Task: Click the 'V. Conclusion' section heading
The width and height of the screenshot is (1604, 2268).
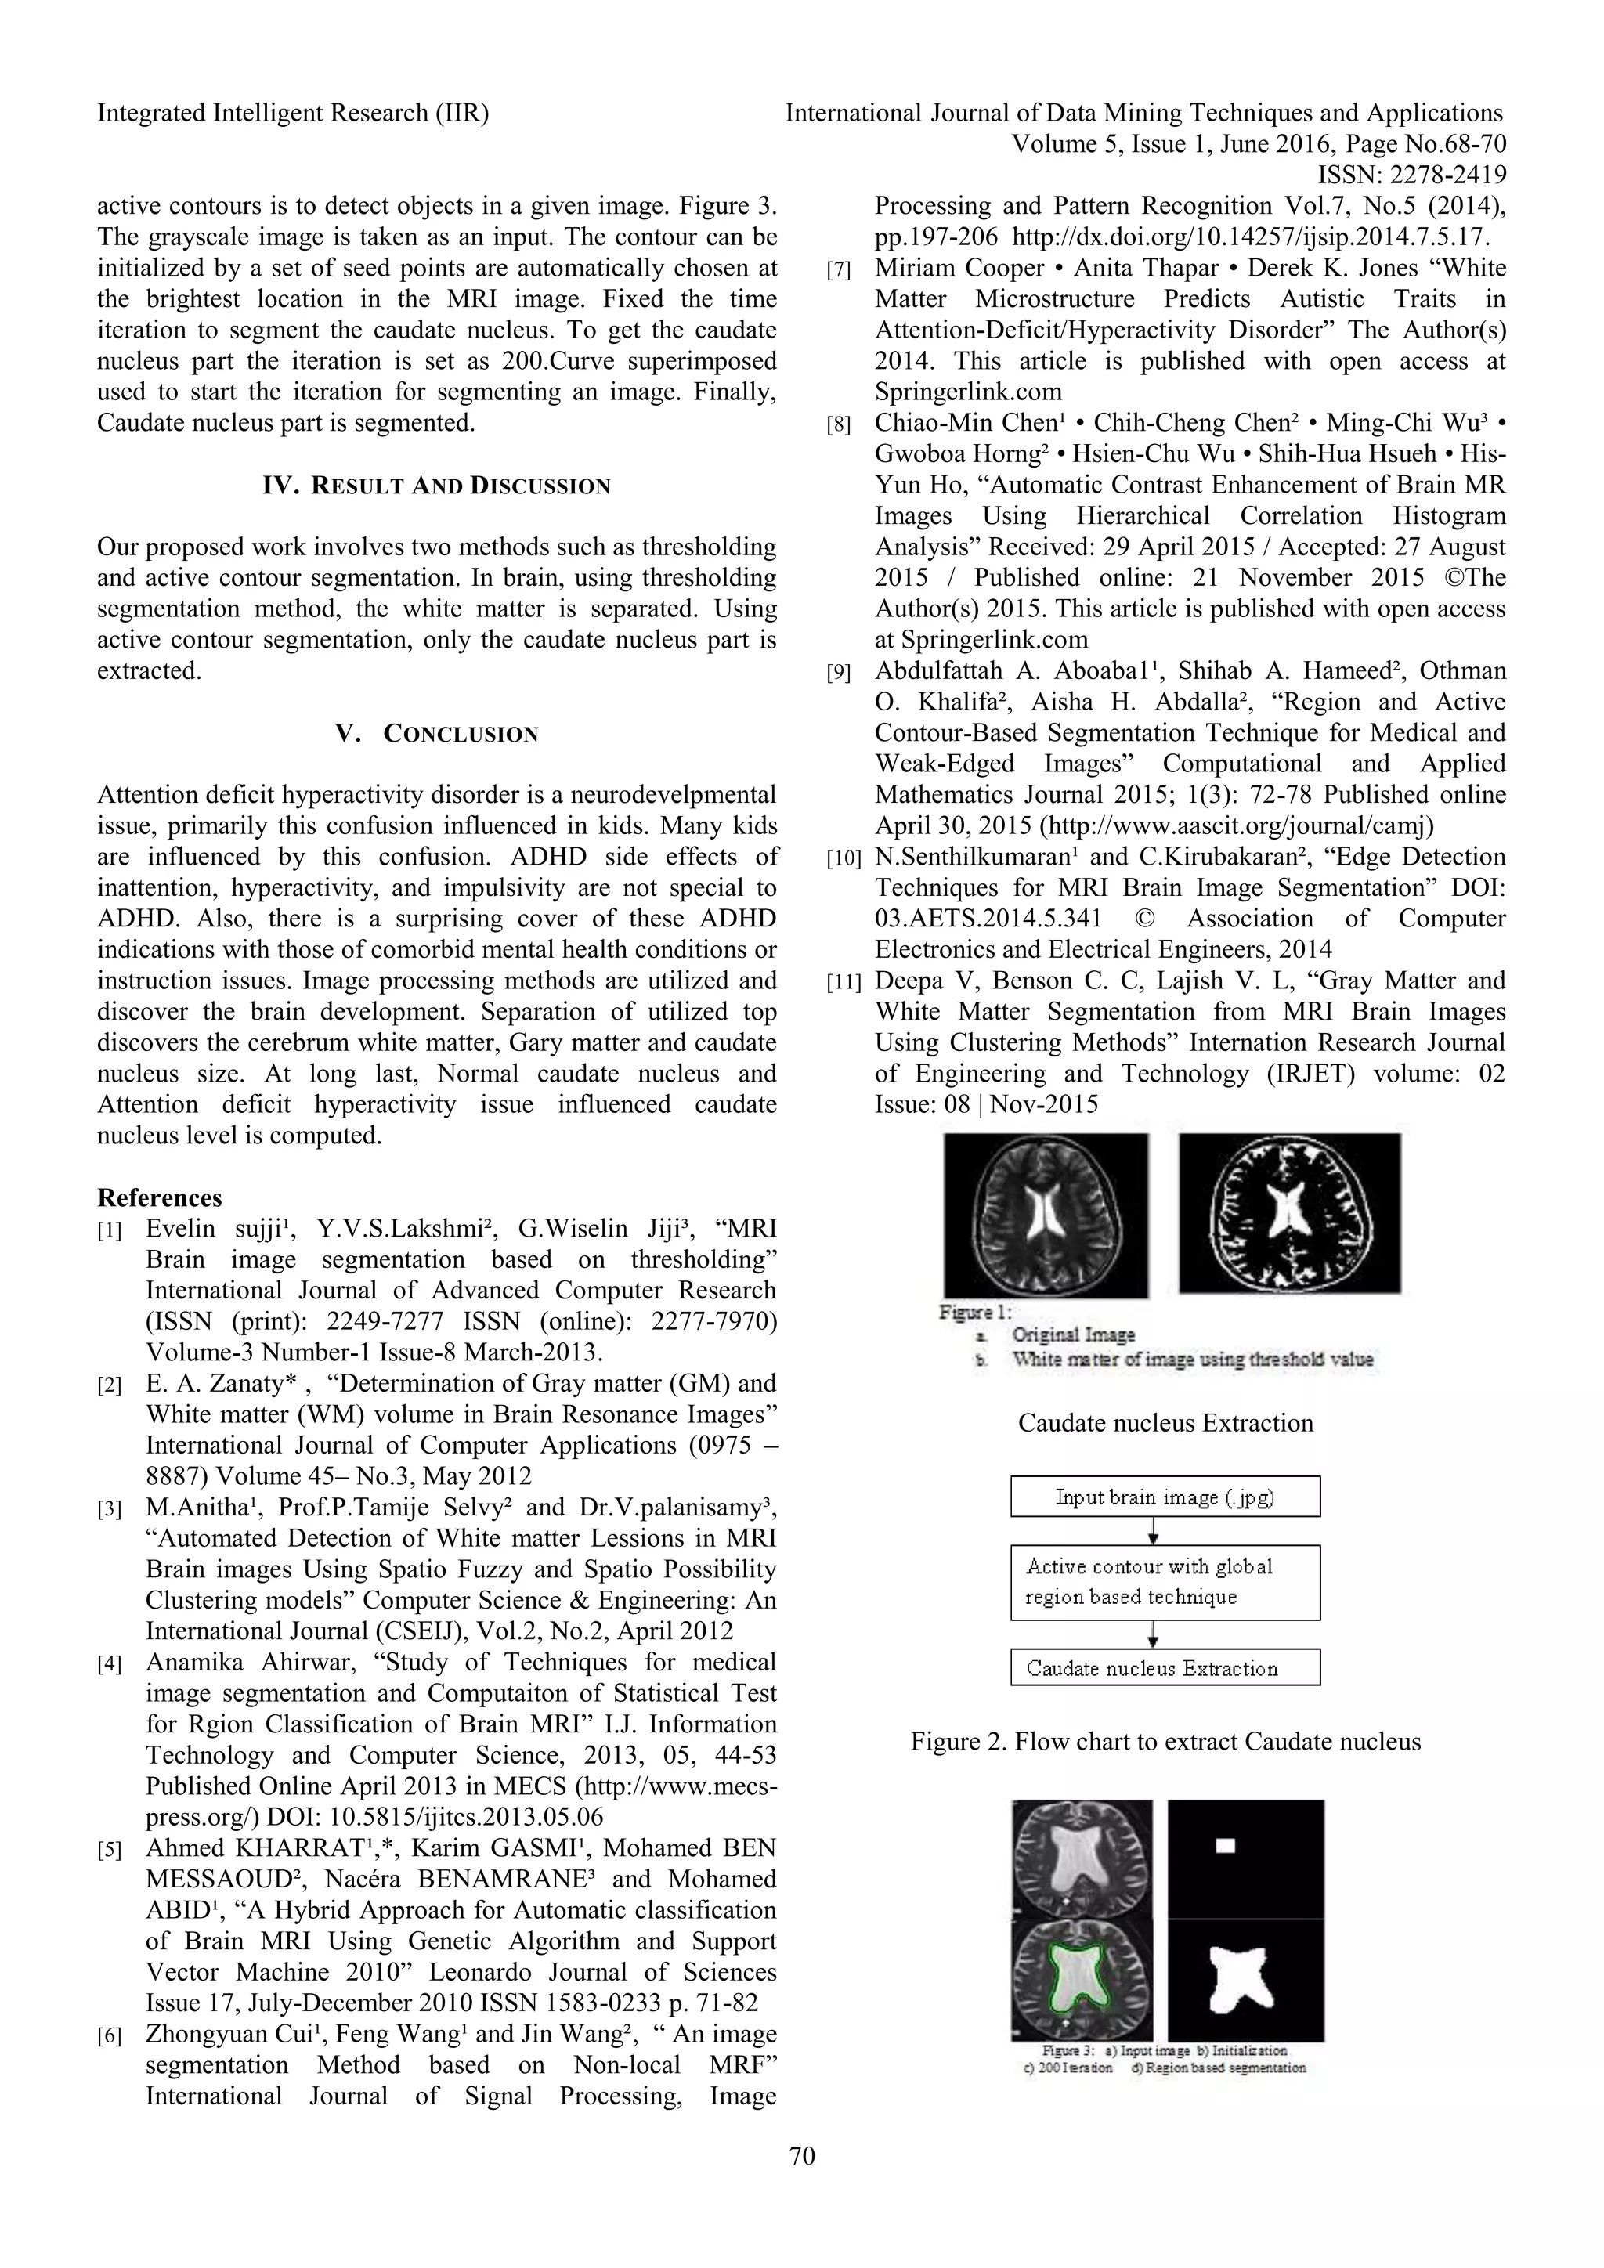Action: pos(436,734)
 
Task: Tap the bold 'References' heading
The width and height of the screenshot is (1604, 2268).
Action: pos(159,1197)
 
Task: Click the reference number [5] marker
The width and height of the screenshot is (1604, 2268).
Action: pos(110,1849)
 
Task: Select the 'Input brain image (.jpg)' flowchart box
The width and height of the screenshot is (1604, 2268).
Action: pos(1165,1497)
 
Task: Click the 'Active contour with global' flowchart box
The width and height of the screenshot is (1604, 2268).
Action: pos(1165,1581)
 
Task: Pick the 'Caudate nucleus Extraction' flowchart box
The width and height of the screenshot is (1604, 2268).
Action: pos(1165,1668)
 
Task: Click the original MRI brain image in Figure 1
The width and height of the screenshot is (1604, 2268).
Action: pos(1045,1214)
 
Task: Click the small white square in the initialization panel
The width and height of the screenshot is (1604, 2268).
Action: pos(1226,1845)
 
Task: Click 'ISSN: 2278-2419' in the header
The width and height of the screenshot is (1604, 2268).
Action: pos(1411,175)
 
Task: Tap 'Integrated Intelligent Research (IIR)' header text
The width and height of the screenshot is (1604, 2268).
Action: pos(292,113)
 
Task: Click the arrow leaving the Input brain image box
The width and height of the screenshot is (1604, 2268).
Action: pos(1154,1531)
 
